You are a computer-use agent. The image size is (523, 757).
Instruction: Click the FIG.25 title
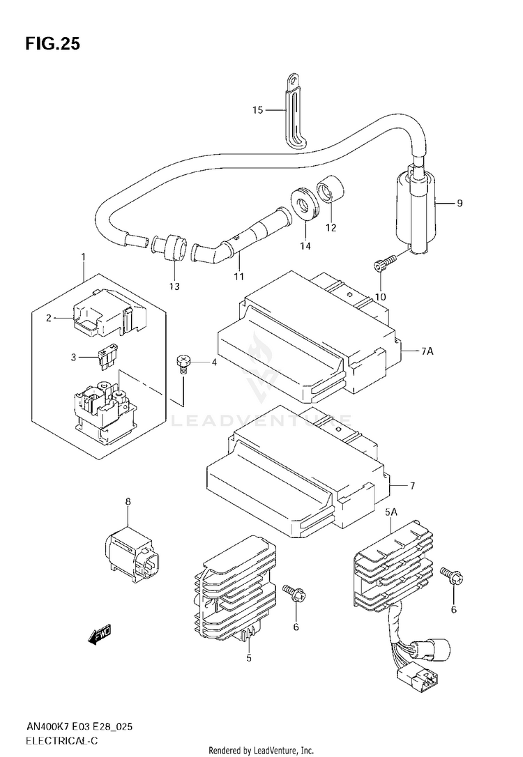(x=52, y=44)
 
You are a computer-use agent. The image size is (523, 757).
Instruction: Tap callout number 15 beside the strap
(x=258, y=110)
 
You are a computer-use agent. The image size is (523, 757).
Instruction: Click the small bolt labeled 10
(x=384, y=263)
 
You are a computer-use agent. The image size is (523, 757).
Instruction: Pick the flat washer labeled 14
(x=305, y=205)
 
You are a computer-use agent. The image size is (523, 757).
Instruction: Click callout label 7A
(x=427, y=351)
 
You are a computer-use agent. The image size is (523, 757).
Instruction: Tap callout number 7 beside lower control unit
(x=412, y=486)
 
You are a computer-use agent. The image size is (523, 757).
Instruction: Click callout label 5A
(x=391, y=512)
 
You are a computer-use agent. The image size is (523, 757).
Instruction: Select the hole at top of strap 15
(x=292, y=79)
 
